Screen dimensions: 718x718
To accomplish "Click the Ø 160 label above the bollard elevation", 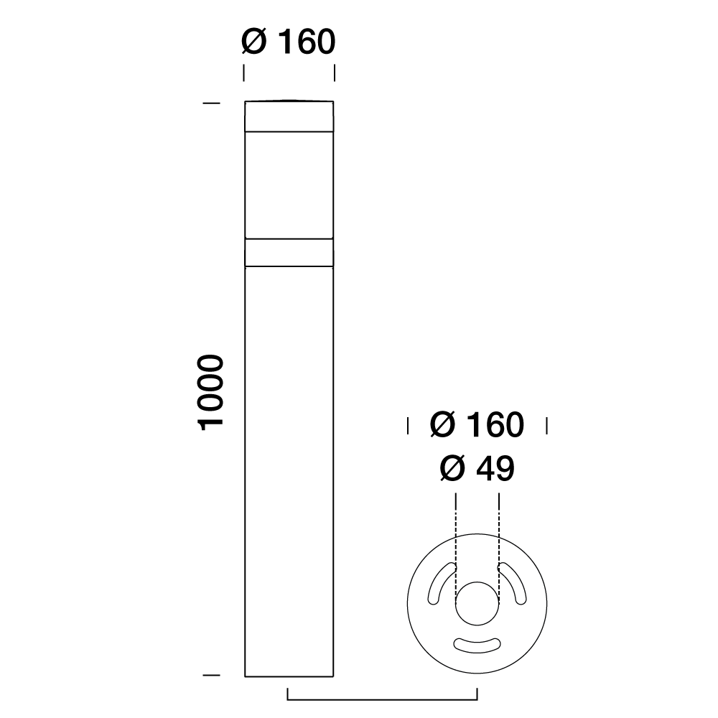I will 289,42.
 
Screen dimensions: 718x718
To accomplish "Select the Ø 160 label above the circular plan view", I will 477,425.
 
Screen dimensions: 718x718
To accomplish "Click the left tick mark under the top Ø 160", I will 244,73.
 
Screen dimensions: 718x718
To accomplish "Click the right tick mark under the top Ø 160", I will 335,73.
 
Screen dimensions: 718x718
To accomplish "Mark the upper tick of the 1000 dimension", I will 211,104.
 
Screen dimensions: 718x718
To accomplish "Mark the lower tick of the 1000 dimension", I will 211,676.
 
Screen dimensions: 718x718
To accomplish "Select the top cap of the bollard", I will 289,116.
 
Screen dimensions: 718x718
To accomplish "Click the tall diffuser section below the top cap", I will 289,185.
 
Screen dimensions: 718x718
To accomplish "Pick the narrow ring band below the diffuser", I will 289,252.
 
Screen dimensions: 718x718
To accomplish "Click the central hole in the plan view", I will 477,602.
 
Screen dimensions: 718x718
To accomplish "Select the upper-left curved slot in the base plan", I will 439,582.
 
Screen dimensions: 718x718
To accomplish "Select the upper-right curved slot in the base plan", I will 515,582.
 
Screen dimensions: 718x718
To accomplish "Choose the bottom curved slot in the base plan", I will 477,644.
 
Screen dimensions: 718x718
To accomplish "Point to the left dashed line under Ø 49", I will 455,531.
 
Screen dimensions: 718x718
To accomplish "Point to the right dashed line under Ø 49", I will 498,531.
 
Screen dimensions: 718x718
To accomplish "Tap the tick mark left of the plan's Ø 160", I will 408,425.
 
